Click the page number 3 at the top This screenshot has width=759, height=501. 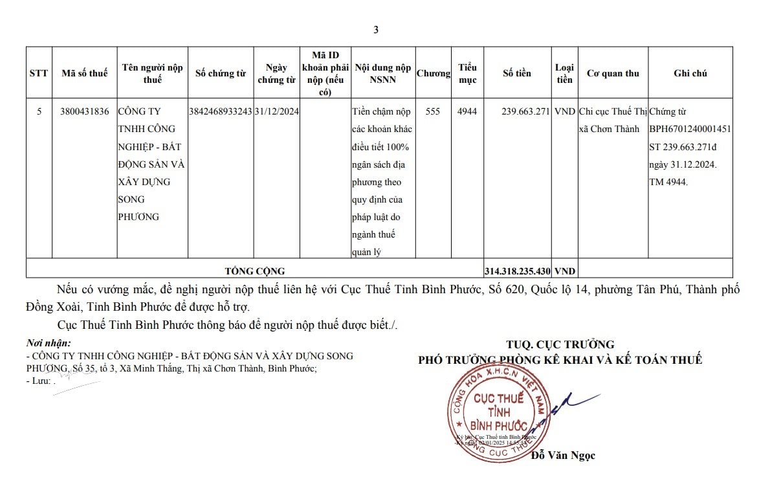click(376, 29)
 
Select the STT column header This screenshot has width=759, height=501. click(39, 73)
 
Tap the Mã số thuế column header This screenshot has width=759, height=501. click(85, 73)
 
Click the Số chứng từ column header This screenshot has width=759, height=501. click(221, 73)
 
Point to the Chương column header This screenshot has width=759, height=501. click(433, 73)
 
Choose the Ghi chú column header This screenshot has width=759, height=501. click(690, 73)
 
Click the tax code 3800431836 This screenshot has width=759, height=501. click(85, 112)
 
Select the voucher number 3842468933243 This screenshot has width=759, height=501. click(221, 112)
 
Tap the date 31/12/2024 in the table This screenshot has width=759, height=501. click(276, 112)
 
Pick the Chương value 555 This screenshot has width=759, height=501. click(433, 112)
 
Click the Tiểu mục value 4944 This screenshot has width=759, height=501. click(467, 112)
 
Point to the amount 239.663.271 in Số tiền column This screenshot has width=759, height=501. click(525, 112)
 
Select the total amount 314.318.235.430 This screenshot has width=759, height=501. click(518, 271)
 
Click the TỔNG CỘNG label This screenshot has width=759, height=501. click(255, 271)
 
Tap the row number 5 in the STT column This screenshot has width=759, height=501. click(39, 112)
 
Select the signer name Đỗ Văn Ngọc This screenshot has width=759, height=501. click(563, 456)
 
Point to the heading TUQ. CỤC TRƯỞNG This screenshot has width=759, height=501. click(560, 345)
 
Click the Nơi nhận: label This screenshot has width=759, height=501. click(49, 343)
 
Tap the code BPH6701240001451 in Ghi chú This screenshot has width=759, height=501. click(690, 129)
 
